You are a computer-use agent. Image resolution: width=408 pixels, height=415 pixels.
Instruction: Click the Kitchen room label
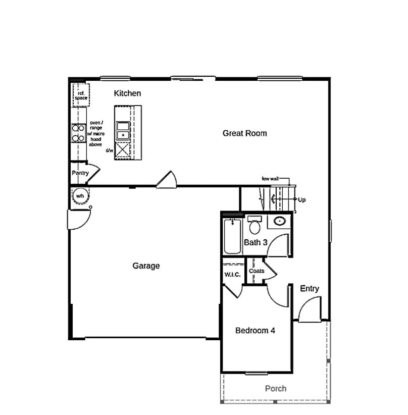click(x=127, y=93)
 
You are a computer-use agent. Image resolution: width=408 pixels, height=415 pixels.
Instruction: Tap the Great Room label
click(x=245, y=133)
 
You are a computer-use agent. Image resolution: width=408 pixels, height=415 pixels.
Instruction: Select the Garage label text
click(x=146, y=266)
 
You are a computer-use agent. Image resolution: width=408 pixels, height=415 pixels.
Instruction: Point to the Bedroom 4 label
click(x=256, y=331)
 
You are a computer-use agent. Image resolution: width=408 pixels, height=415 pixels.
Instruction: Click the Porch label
click(x=276, y=388)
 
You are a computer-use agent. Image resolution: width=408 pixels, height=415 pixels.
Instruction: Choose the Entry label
click(x=310, y=289)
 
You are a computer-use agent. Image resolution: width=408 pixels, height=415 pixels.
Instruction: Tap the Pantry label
click(x=80, y=173)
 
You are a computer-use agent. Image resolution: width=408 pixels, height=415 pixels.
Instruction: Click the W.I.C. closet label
click(x=232, y=275)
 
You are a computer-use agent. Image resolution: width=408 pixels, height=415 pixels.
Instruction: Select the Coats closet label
click(x=257, y=271)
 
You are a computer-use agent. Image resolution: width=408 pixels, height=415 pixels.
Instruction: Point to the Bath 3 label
click(x=256, y=242)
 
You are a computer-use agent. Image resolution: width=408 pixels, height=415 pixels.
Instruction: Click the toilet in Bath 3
click(x=254, y=223)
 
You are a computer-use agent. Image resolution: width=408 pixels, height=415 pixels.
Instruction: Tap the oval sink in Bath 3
click(x=279, y=221)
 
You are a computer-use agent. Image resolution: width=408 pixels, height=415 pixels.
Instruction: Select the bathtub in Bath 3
click(x=233, y=236)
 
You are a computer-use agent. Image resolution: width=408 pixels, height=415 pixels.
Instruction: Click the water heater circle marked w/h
click(x=80, y=196)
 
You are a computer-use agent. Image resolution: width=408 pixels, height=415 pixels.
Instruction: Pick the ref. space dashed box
click(x=81, y=95)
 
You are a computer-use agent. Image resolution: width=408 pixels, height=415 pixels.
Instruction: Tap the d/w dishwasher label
click(x=109, y=150)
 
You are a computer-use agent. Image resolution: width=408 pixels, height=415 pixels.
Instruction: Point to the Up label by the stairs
click(x=302, y=200)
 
